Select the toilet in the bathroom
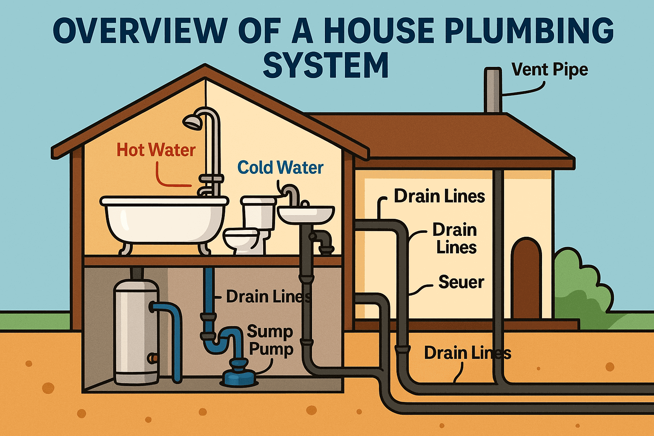pyautogui.click(x=251, y=228)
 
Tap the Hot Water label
pyautogui.click(x=156, y=150)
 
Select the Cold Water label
pyautogui.click(x=280, y=168)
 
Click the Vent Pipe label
pyautogui.click(x=549, y=69)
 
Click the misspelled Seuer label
pyautogui.click(x=461, y=282)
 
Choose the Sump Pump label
pyautogui.click(x=270, y=340)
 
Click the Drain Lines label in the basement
pyautogui.click(x=268, y=296)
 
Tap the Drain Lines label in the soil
pyautogui.click(x=467, y=353)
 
